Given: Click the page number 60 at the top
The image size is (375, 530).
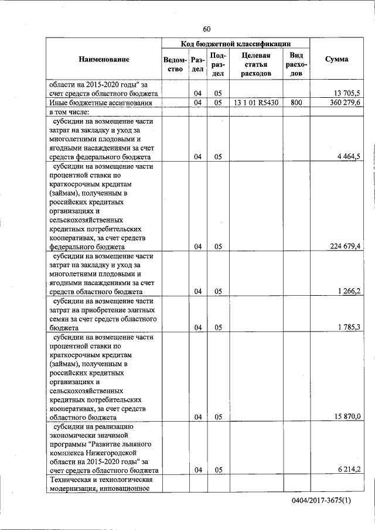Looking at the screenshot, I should pos(206,29).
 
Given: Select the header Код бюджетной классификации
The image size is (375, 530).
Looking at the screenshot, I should pos(236,43).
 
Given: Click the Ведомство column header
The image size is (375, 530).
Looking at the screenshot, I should pos(175,64).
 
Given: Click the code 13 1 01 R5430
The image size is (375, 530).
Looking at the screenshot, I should pos(255,102).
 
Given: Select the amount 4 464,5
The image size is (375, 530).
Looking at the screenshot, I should pos(349,156).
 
